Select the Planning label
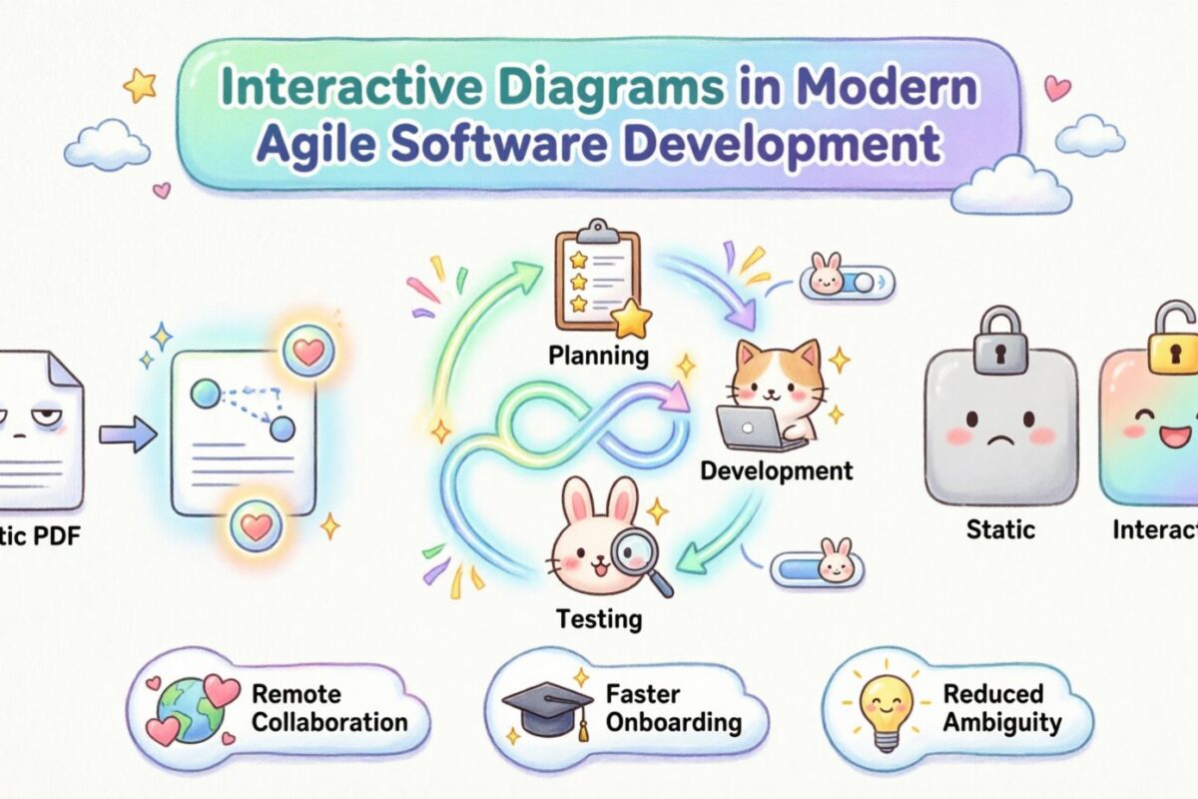point(598,355)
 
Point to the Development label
point(776,469)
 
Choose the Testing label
point(599,618)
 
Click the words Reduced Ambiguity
point(992,707)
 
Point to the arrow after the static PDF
point(128,434)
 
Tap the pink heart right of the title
point(1057,88)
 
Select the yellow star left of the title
point(140,86)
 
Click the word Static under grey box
point(1000,529)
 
